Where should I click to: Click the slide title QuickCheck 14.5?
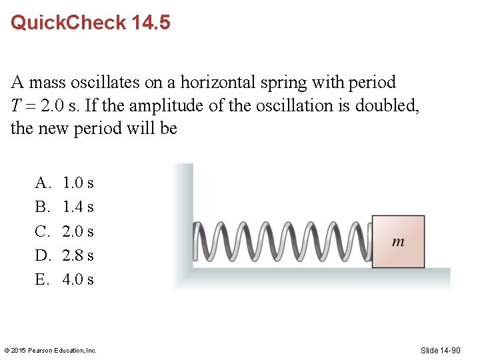(x=91, y=23)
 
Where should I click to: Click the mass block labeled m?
(x=398, y=241)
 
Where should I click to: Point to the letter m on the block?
(x=398, y=242)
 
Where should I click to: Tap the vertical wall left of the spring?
(x=183, y=220)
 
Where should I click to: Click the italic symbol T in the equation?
(x=15, y=105)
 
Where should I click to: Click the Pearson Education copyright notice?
(x=51, y=350)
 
